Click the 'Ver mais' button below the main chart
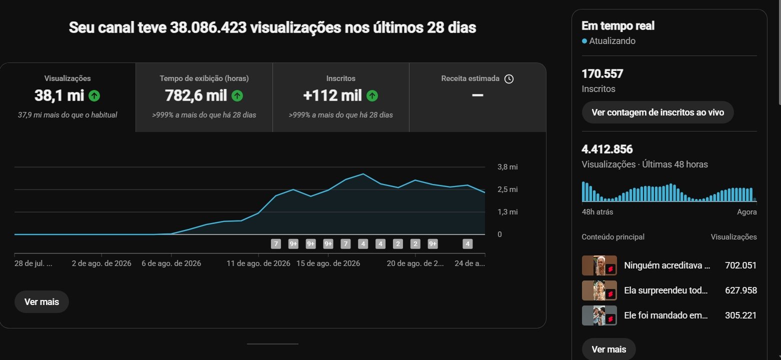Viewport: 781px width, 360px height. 41,302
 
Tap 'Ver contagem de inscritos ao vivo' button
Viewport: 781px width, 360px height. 657,112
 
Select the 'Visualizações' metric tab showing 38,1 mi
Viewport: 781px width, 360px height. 67,97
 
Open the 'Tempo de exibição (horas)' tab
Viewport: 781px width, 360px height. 204,97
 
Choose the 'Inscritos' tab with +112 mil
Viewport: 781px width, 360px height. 340,97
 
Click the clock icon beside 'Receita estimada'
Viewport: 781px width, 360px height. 509,79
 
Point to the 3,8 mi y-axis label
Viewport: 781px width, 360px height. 507,167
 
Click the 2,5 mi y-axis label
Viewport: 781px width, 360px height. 507,189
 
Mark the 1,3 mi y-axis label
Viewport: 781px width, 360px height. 507,212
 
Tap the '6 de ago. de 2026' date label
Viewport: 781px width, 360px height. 171,263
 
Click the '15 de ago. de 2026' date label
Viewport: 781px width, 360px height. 328,263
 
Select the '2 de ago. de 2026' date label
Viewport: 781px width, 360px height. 101,263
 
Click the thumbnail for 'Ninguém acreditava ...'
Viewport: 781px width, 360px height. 599,265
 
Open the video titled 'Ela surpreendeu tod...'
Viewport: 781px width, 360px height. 665,290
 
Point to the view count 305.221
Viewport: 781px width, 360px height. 741,315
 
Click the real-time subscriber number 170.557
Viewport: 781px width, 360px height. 602,74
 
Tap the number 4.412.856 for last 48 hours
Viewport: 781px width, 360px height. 607,149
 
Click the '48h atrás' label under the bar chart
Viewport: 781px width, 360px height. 597,212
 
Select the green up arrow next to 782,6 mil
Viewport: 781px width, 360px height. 237,95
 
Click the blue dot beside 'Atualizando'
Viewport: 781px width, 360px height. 584,41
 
